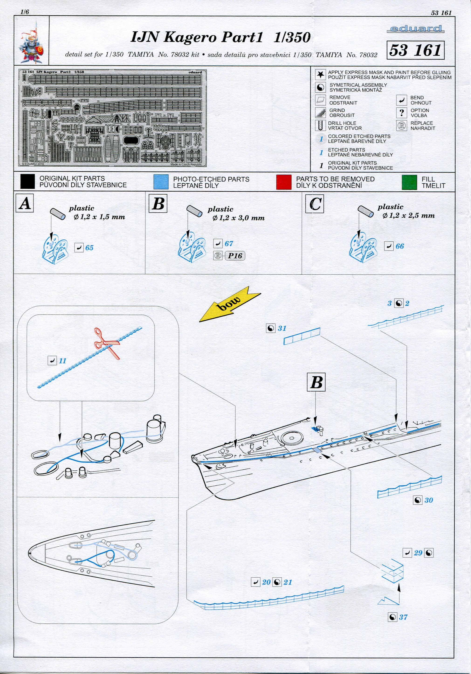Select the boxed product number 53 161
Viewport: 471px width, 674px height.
click(x=415, y=50)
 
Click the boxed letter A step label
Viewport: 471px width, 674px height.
click(x=25, y=203)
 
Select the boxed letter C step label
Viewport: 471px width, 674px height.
click(x=314, y=203)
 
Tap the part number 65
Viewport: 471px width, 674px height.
click(x=89, y=248)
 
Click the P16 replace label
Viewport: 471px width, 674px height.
click(x=235, y=256)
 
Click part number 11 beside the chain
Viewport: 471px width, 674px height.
click(x=62, y=360)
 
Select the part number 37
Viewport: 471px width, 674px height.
click(x=403, y=617)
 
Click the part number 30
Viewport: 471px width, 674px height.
click(x=429, y=500)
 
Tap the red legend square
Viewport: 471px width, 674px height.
click(x=284, y=182)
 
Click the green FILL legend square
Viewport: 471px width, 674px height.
click(x=409, y=182)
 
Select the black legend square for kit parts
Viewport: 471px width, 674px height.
click(x=28, y=182)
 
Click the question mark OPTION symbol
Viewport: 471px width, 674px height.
click(x=402, y=113)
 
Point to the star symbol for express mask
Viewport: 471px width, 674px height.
click(x=320, y=75)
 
